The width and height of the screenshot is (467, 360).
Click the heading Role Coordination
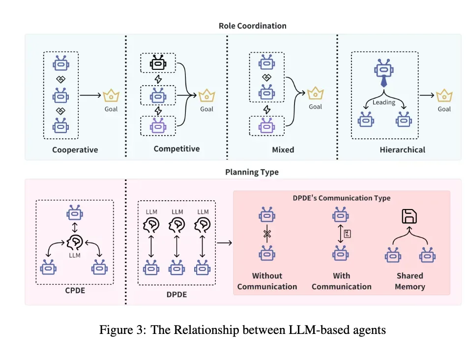(252, 26)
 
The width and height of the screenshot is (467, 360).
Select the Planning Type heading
(252, 172)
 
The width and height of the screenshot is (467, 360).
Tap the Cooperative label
(75, 150)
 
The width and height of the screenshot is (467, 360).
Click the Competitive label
(176, 148)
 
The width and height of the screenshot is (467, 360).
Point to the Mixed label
(283, 150)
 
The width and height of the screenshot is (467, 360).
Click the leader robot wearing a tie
(384, 72)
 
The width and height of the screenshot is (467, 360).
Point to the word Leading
(384, 102)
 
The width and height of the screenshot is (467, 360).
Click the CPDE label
(75, 291)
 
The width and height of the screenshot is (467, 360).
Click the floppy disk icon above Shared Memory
(409, 217)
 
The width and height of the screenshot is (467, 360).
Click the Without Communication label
(267, 281)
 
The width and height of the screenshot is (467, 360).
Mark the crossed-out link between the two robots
(267, 235)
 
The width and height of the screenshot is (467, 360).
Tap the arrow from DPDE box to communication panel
(224, 242)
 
